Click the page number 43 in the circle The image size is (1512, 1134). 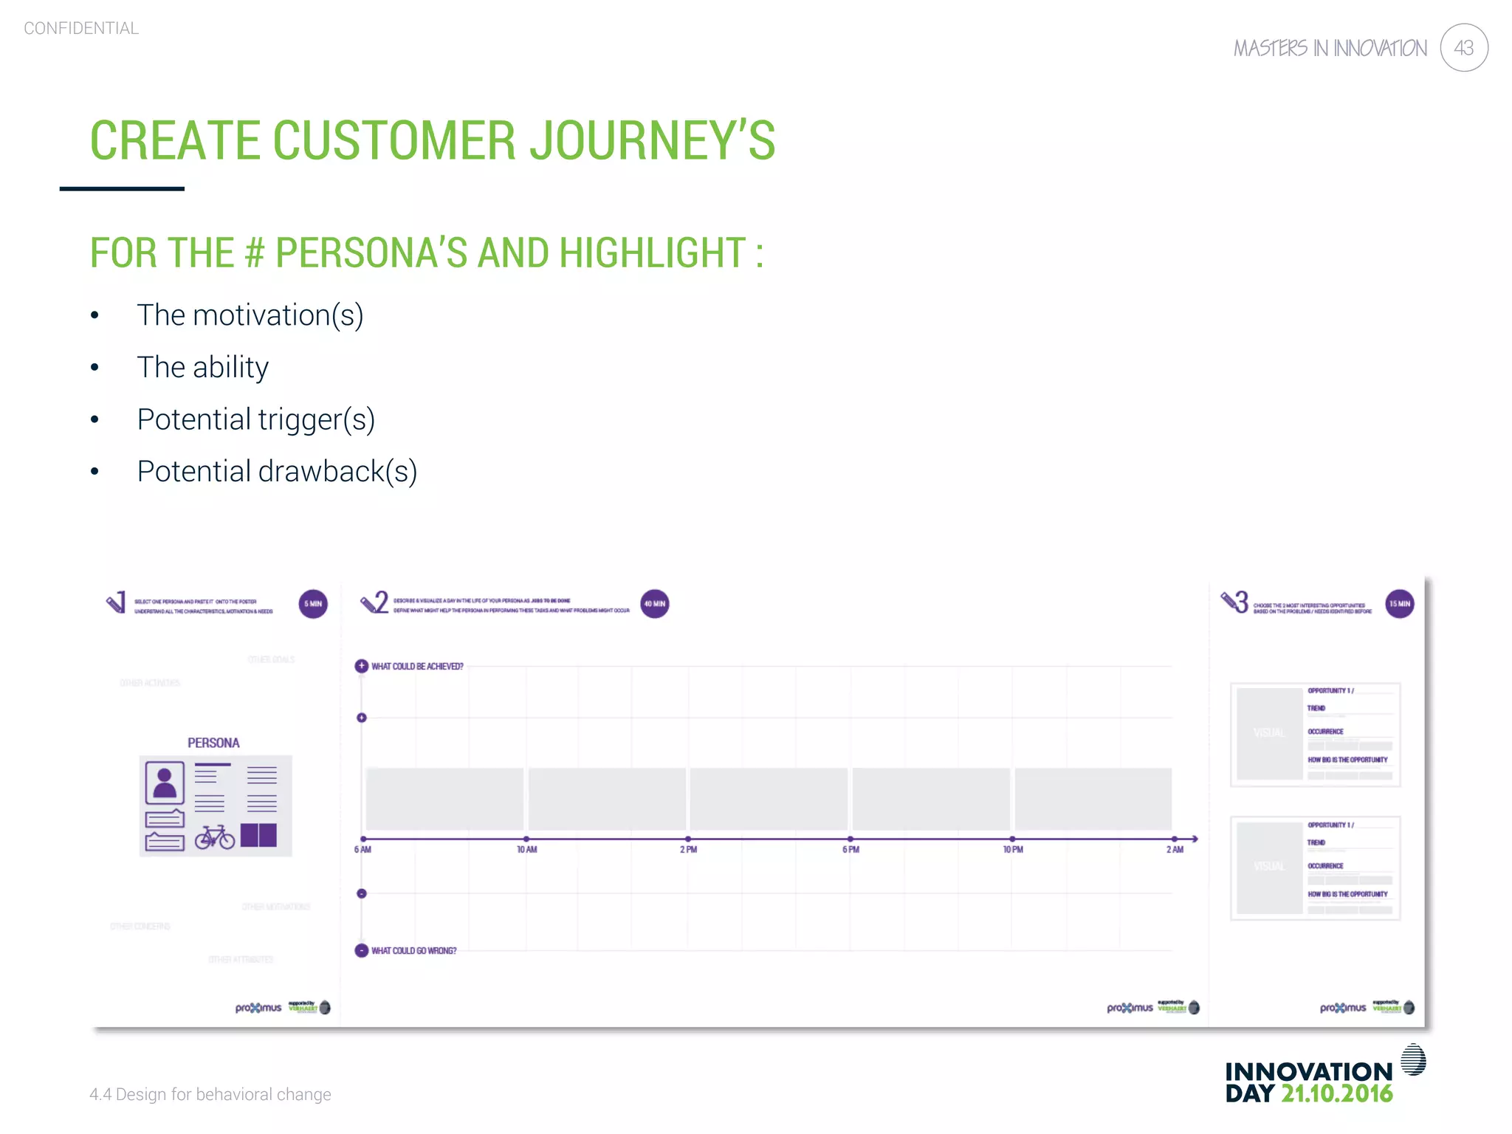pyautogui.click(x=1463, y=48)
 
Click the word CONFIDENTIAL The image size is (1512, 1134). pyautogui.click(x=81, y=28)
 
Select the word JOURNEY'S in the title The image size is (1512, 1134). pyautogui.click(x=653, y=140)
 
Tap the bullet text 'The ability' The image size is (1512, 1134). pyautogui.click(x=202, y=367)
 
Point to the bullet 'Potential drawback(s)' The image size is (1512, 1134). pyautogui.click(x=277, y=471)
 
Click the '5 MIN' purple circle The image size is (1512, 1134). pyautogui.click(x=313, y=604)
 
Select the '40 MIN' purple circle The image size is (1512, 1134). pyautogui.click(x=654, y=604)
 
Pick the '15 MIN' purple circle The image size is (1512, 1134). pyautogui.click(x=1399, y=604)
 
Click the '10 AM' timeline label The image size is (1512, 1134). pyautogui.click(x=526, y=850)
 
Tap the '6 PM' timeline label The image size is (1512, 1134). pyautogui.click(x=850, y=850)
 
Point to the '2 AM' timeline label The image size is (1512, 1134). pyautogui.click(x=1175, y=850)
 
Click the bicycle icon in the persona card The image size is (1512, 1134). pyautogui.click(x=215, y=837)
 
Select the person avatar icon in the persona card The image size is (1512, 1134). pyautogui.click(x=165, y=783)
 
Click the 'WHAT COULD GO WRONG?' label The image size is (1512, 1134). pyautogui.click(x=413, y=951)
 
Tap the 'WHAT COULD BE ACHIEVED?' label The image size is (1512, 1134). pyautogui.click(x=417, y=667)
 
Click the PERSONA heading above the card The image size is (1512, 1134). pyautogui.click(x=213, y=743)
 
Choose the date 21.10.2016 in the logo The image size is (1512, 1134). pyautogui.click(x=1336, y=1093)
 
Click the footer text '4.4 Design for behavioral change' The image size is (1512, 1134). pyautogui.click(x=210, y=1094)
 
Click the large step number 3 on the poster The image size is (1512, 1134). pyautogui.click(x=1242, y=602)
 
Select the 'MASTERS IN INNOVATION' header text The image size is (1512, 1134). pyautogui.click(x=1330, y=49)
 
